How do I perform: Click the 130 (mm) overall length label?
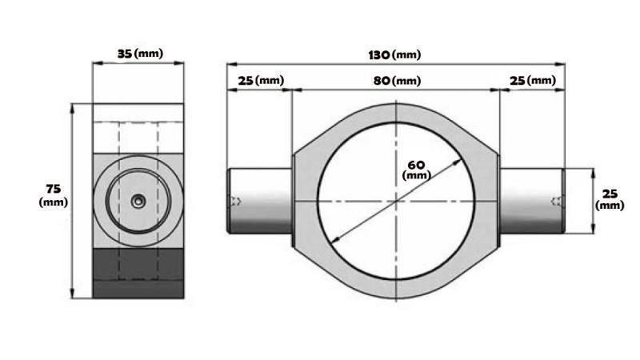pos(395,54)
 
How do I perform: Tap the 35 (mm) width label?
pos(139,54)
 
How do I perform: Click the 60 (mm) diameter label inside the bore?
pos(416,169)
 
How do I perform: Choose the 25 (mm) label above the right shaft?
pos(532,81)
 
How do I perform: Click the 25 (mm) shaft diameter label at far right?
pos(610,199)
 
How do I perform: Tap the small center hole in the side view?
pos(138,202)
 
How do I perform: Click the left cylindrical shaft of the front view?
pos(261,201)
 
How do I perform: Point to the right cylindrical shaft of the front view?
pos(531,201)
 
